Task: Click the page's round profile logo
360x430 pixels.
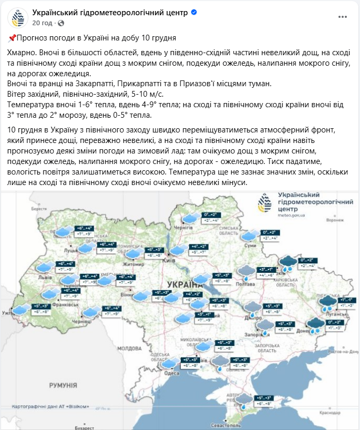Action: tap(18, 17)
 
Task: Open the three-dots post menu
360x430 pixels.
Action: tap(343, 17)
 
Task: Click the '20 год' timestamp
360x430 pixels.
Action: tap(42, 23)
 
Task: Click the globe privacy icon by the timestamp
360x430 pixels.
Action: tap(60, 23)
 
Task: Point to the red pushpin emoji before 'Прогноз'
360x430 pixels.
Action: tap(12, 38)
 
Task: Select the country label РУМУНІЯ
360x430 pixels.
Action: tap(64, 386)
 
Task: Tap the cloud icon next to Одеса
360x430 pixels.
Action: tap(169, 363)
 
